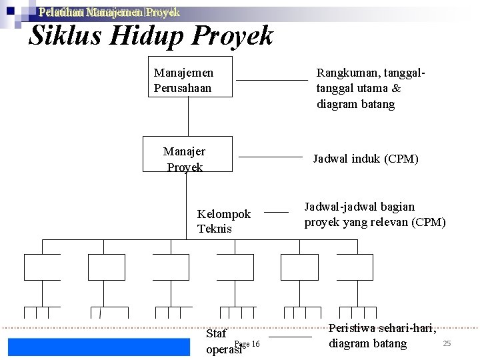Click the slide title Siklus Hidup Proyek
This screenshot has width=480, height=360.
pyautogui.click(x=151, y=36)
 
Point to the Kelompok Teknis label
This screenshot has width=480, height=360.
pyautogui.click(x=223, y=221)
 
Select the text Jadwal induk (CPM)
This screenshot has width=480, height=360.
pyautogui.click(x=365, y=159)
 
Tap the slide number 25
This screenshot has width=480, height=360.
pyautogui.click(x=447, y=343)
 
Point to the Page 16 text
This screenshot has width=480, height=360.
pyautogui.click(x=247, y=343)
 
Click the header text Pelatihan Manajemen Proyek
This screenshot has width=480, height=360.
pyautogui.click(x=109, y=12)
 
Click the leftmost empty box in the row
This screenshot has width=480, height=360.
pyautogui.click(x=42, y=267)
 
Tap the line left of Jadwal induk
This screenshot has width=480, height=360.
pyautogui.click(x=270, y=157)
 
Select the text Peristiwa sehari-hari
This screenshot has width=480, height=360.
pyautogui.click(x=382, y=328)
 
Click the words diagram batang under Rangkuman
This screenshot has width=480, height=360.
pyautogui.click(x=355, y=104)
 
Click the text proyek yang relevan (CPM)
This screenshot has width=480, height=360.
pyautogui.click(x=375, y=222)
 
